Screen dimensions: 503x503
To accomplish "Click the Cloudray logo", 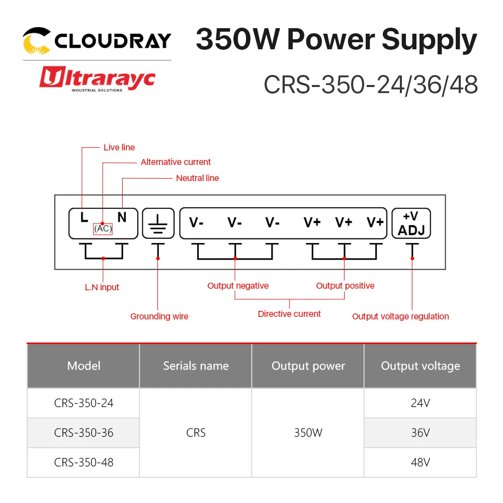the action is point(97,40).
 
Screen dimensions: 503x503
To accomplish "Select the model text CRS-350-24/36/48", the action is point(371,85).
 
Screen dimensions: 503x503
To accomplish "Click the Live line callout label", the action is point(119,147).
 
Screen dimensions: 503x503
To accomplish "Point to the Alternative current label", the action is point(176,162).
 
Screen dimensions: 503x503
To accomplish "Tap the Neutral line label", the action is point(197,178).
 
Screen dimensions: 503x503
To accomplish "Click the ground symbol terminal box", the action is point(158,223).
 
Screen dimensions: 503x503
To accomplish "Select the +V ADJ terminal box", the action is point(411,223).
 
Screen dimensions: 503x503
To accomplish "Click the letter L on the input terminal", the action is point(84,217).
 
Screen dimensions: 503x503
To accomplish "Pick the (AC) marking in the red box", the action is point(103,228).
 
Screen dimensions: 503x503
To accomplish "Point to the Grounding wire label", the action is point(159,316).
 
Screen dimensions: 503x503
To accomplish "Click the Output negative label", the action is point(238,286).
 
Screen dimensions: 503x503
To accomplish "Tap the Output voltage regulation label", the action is point(400,316).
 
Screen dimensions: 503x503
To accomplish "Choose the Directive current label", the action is point(289,314).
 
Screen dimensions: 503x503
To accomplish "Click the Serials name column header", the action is point(196,366).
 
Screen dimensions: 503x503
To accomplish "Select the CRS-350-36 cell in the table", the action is point(83,433).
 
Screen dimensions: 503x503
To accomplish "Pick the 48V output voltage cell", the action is point(420,462).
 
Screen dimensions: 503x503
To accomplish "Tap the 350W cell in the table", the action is point(308,433).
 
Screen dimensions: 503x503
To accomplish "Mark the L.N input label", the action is point(102,287).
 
